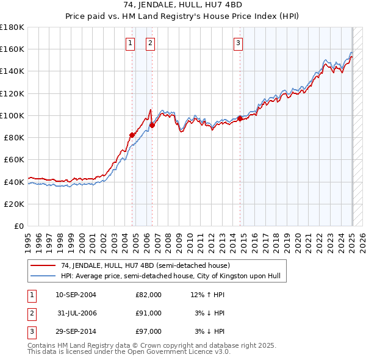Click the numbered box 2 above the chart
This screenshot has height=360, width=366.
tap(150, 43)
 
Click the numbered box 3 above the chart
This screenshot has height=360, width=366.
tap(238, 43)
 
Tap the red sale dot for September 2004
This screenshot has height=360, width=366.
tap(132, 135)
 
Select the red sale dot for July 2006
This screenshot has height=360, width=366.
tap(152, 125)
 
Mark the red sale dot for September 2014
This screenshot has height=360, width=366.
tap(240, 118)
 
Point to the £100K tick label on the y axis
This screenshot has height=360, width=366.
tap(12, 115)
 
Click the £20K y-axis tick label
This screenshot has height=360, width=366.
tap(15, 204)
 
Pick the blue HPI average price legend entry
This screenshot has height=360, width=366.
tap(170, 276)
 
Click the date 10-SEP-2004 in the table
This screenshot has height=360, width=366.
tap(76, 295)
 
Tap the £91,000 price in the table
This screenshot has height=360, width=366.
tap(148, 313)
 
